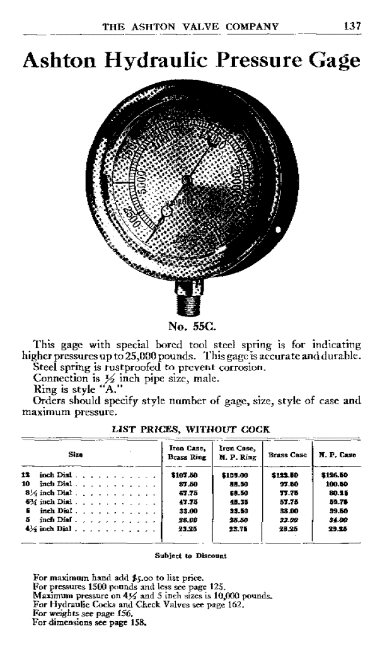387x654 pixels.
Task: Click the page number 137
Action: coord(350,26)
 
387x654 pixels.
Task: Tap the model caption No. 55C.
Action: coord(192,327)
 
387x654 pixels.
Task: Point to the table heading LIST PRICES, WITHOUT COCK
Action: coord(190,429)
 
